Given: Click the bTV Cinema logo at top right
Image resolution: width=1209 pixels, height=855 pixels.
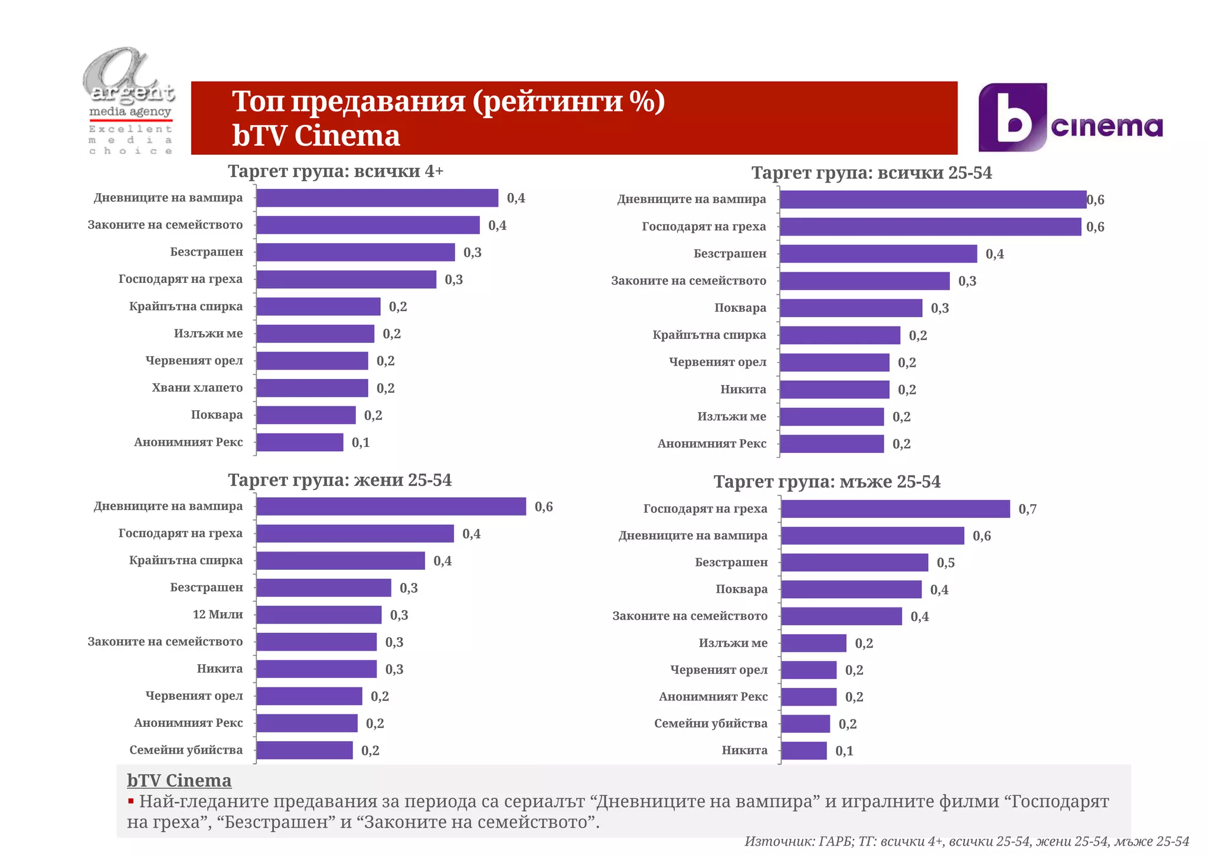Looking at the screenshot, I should click(1070, 118).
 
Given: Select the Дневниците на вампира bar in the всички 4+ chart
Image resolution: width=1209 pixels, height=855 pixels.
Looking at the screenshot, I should click(377, 198).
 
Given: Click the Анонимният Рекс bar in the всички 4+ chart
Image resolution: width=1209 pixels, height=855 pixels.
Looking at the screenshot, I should click(299, 442).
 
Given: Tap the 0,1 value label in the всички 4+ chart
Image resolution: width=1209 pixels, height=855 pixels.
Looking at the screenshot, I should click(361, 443).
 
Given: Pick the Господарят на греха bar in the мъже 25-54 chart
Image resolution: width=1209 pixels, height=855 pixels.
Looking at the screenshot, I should click(895, 509).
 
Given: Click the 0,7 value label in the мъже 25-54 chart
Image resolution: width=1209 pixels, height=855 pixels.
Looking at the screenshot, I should click(1027, 510).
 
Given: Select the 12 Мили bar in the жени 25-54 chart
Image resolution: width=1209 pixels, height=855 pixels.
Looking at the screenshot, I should click(319, 615).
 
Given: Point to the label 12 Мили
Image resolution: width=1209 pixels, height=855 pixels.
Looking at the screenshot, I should click(217, 615).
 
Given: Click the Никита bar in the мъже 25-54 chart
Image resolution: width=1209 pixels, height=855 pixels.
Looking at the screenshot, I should click(803, 751).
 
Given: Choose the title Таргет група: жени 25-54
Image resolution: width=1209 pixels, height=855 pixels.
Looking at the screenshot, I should click(339, 480).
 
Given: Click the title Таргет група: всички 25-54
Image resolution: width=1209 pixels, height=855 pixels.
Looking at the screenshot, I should click(871, 173).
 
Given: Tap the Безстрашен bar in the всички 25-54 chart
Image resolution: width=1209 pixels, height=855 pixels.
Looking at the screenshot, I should click(878, 254).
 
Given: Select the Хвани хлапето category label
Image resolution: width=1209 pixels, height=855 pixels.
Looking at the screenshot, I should click(197, 388).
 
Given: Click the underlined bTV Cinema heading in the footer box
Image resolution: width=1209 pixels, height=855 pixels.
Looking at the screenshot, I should click(179, 781).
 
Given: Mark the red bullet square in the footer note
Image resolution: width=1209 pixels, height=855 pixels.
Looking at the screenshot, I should click(131, 802).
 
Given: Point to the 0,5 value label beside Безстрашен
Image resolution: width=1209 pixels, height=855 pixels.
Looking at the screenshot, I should click(945, 563).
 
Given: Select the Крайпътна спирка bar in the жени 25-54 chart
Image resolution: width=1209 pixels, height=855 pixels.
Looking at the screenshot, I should click(340, 561).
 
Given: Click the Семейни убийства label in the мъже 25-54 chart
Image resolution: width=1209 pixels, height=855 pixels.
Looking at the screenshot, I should click(711, 724).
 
